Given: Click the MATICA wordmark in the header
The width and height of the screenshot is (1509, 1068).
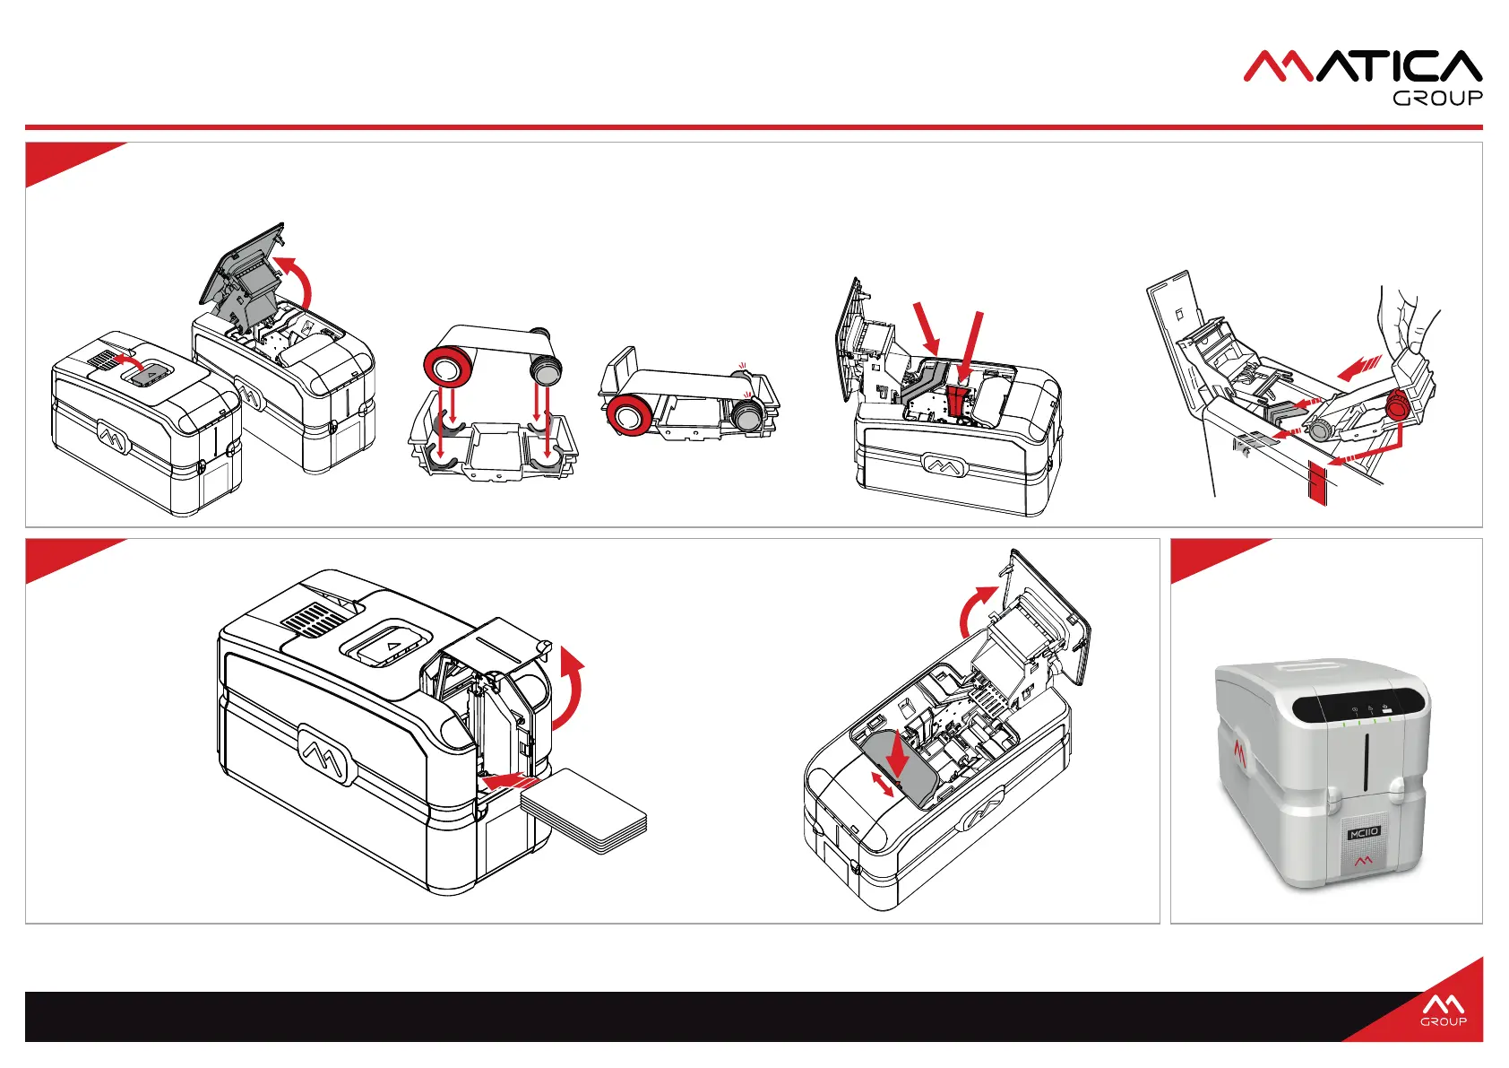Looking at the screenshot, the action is [x=1362, y=67].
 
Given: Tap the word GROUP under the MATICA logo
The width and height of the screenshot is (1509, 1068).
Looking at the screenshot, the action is [x=1437, y=98].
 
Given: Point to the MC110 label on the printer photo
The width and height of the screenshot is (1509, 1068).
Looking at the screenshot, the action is [x=1363, y=833].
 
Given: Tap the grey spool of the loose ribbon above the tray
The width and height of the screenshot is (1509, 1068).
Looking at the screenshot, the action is [x=545, y=366].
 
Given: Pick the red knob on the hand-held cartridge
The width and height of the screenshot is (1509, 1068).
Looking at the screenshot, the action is [x=1396, y=409].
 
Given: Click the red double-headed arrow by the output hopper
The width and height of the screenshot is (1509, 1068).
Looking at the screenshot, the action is [x=883, y=784].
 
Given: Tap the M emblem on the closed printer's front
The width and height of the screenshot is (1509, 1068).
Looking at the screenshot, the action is [x=113, y=438].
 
